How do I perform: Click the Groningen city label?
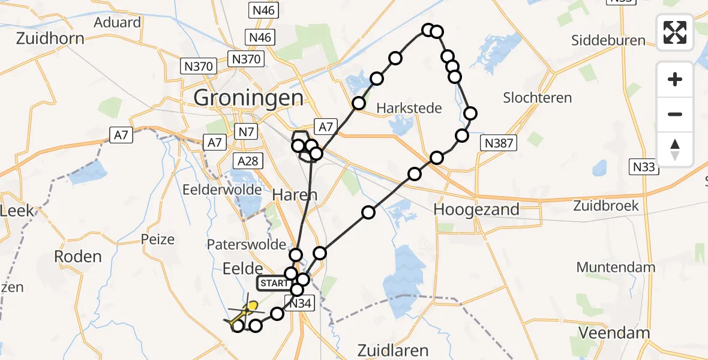coord(248,97)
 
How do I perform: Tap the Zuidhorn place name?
coord(50,39)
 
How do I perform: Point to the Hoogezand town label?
coord(476,210)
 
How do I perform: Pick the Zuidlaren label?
coord(392,350)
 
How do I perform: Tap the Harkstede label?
coord(409,109)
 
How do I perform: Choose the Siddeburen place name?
coord(608,41)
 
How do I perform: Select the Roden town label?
coord(77,257)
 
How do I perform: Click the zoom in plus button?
coord(675,79)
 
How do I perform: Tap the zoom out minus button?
coord(675,114)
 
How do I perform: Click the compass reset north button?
coord(675,149)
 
